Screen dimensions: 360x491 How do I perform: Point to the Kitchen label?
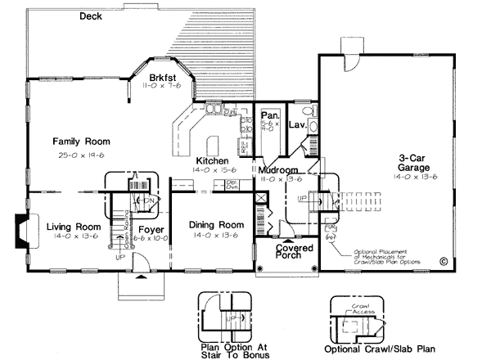point(213,160)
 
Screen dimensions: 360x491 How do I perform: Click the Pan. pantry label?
point(270,116)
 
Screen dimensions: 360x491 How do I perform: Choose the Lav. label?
point(297,124)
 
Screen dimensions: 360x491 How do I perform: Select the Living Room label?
point(74,226)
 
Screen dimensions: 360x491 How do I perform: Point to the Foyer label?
point(151,229)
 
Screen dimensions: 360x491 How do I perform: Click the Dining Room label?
point(217,225)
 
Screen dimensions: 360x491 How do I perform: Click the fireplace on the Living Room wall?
point(25,230)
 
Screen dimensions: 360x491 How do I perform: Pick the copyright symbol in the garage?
point(444,262)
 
